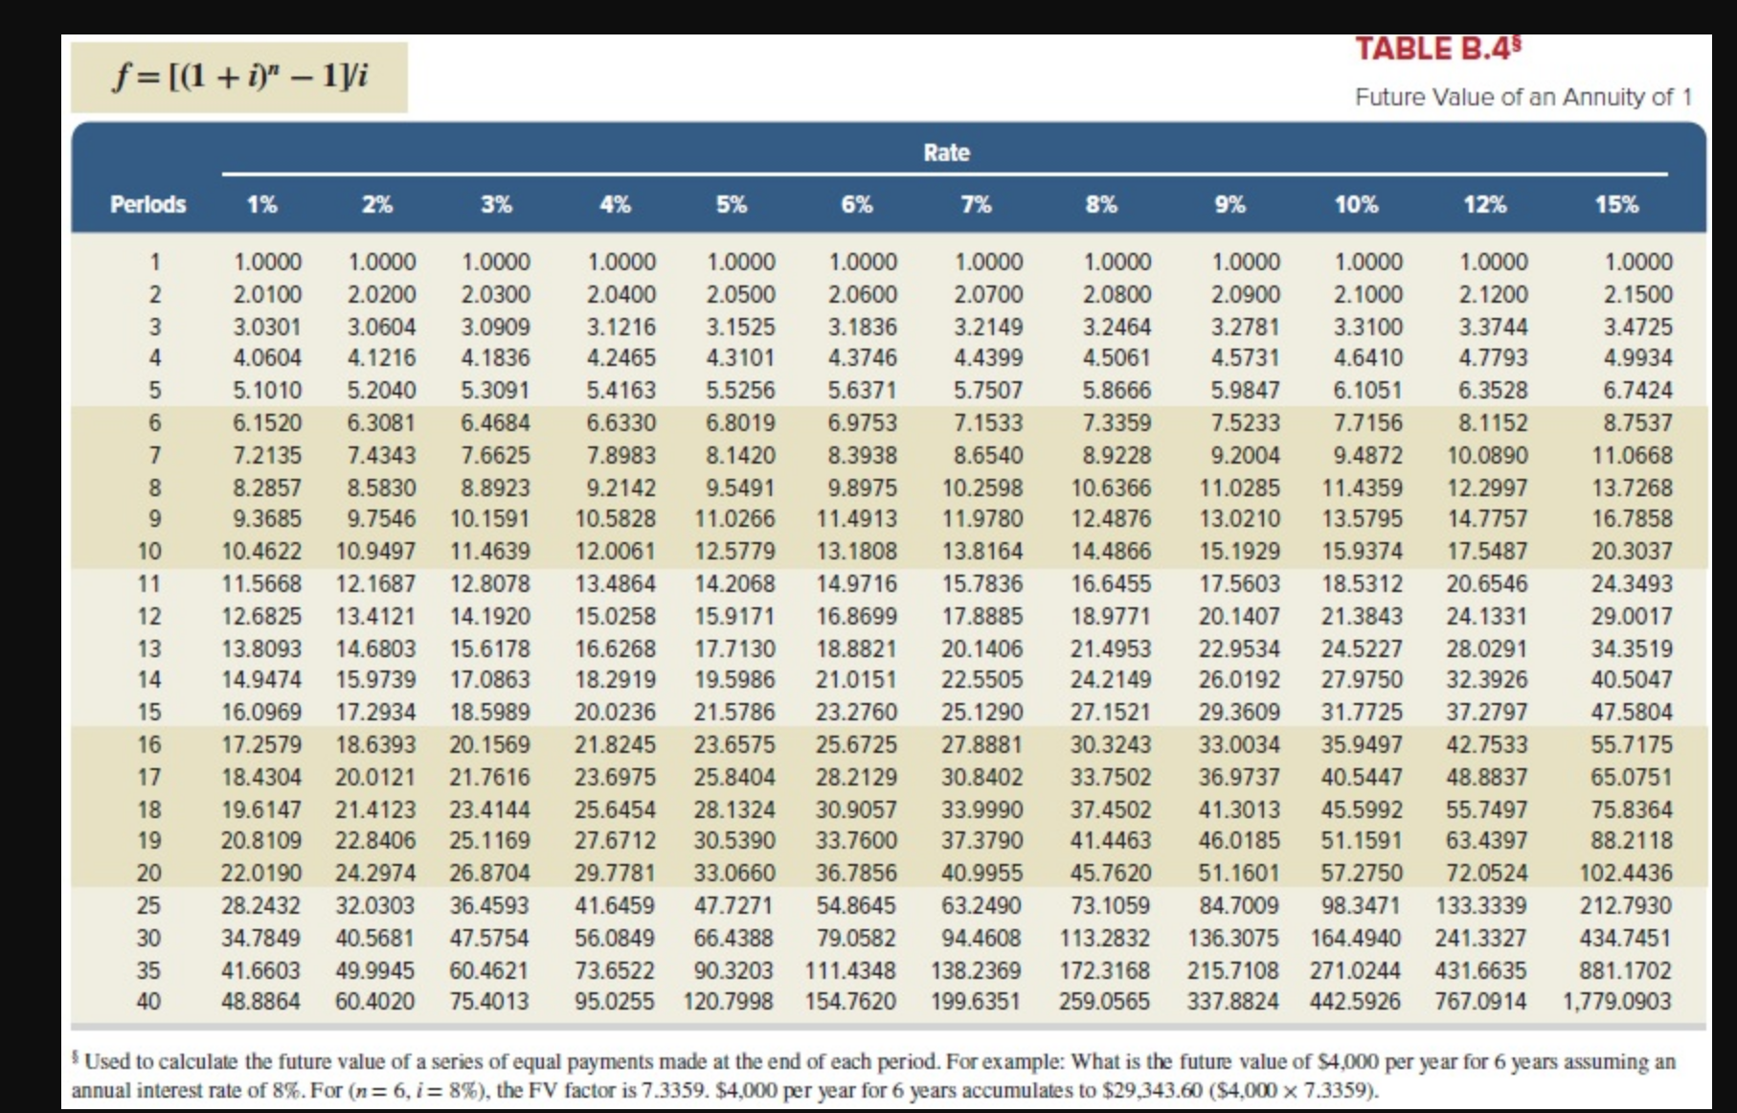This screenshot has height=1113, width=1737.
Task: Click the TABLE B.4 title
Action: [1437, 49]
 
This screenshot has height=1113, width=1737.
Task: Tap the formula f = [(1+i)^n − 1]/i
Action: [239, 76]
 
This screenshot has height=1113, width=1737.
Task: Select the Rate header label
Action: [946, 152]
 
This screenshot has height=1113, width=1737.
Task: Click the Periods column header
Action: [147, 204]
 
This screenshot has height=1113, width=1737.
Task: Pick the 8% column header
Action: [1100, 204]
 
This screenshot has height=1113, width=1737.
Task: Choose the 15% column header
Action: [1615, 204]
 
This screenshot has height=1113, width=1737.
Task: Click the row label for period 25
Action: [148, 905]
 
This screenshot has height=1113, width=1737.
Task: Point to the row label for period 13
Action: [148, 648]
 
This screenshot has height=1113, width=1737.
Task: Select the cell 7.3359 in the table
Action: [1117, 422]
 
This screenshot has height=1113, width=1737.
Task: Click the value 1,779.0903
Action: [1616, 1002]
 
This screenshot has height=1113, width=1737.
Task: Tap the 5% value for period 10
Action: [734, 551]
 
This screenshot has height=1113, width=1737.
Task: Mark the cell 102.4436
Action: [1625, 873]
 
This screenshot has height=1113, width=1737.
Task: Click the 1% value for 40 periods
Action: [260, 1002]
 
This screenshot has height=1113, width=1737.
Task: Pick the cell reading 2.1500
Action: [1637, 294]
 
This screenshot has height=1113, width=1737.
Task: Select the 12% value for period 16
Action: [1486, 744]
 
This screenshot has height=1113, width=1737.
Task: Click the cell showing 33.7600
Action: [856, 840]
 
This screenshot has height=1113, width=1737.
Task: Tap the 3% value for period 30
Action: [488, 938]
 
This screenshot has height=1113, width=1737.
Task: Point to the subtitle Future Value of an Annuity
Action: [1523, 97]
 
